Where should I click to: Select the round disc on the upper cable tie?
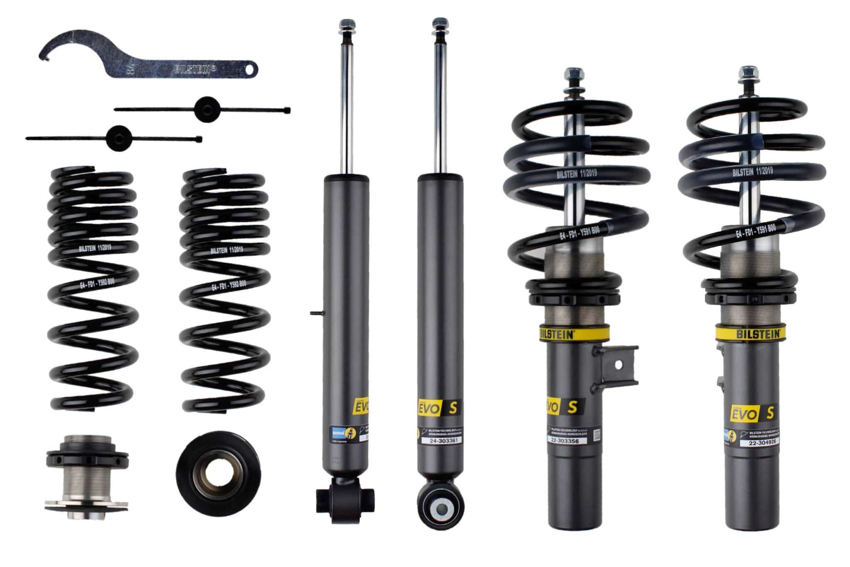click(207, 108)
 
